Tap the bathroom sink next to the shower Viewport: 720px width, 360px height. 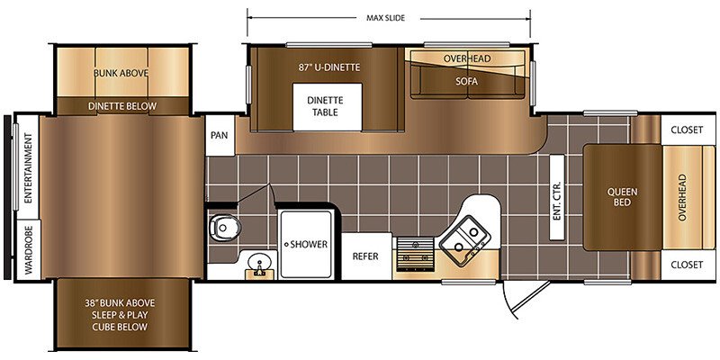(x=260, y=265)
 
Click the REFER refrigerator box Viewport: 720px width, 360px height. (x=366, y=256)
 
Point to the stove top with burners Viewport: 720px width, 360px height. (x=416, y=255)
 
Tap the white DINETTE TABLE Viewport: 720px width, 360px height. (x=328, y=106)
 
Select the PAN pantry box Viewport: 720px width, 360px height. (x=220, y=136)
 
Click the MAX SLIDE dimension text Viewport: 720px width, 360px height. (x=386, y=18)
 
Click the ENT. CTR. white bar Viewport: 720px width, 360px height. (x=557, y=197)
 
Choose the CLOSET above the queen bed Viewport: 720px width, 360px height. (x=687, y=130)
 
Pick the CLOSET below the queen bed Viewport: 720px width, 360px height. (x=687, y=265)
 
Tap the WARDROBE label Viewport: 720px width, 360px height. (x=29, y=250)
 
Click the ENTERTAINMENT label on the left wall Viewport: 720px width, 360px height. (x=28, y=168)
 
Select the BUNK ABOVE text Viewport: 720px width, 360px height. (x=121, y=73)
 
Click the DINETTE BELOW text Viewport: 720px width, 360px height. (x=122, y=106)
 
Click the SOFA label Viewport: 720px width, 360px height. (x=466, y=81)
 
